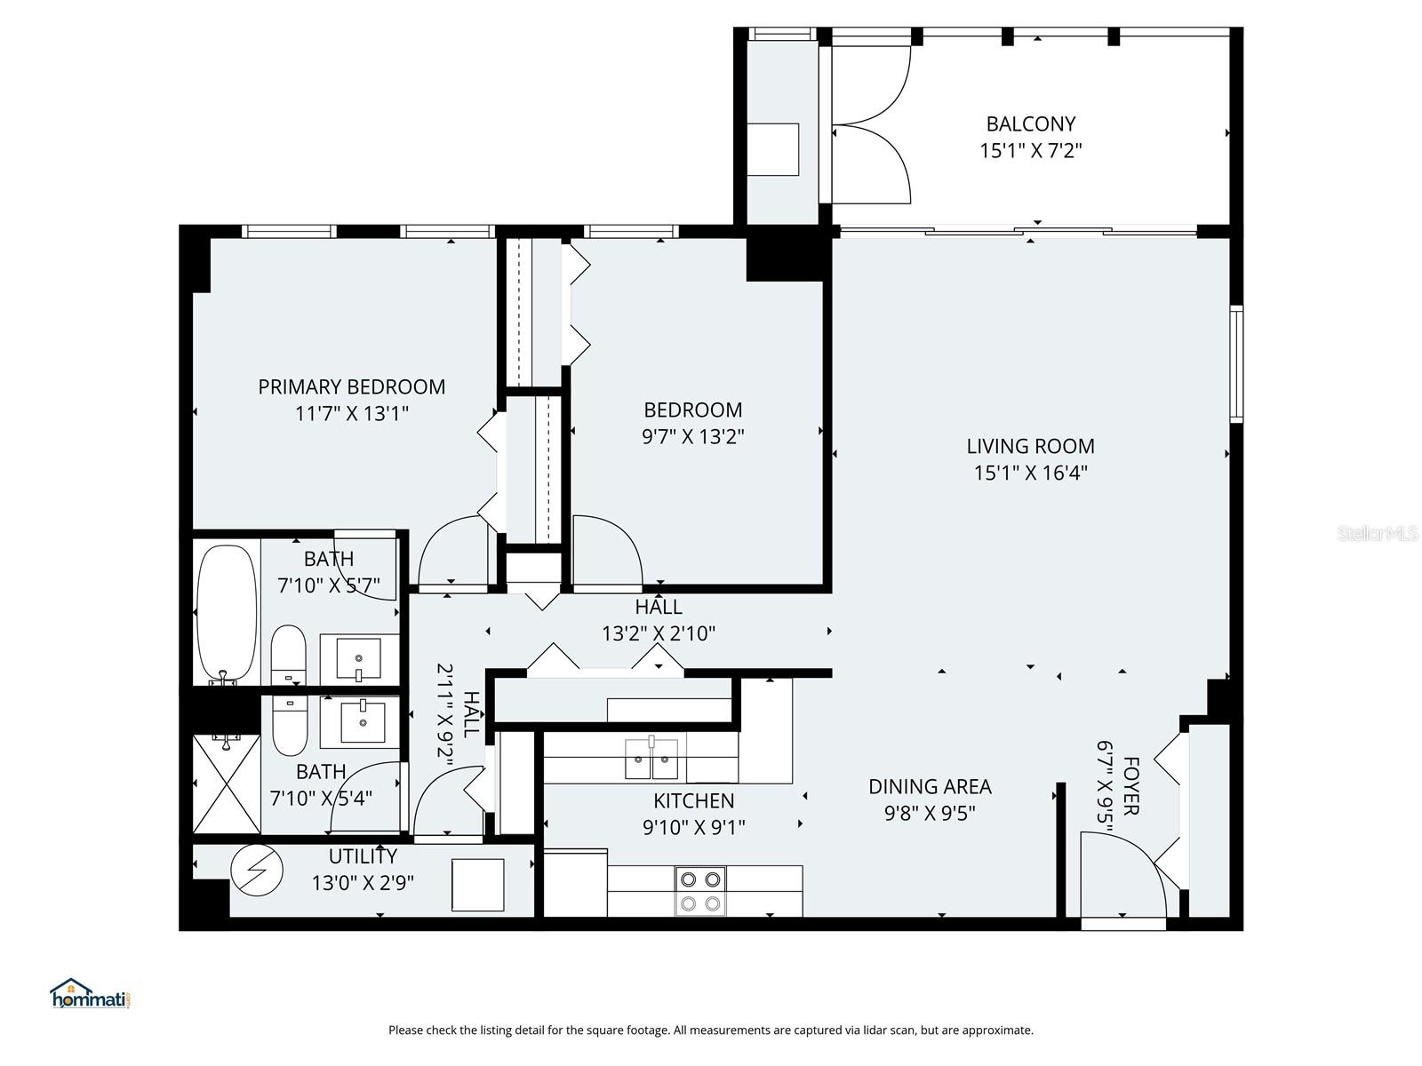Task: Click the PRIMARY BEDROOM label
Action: (x=351, y=387)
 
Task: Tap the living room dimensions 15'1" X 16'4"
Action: (x=1030, y=473)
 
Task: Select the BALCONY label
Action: (x=1030, y=124)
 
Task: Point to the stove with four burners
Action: (x=699, y=891)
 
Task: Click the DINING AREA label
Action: (x=930, y=787)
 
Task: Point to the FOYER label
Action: (x=1130, y=786)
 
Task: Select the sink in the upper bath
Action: (x=359, y=658)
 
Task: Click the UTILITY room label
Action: (x=363, y=857)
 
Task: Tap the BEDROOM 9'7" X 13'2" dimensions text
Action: (x=692, y=437)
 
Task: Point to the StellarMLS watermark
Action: (x=1377, y=534)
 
